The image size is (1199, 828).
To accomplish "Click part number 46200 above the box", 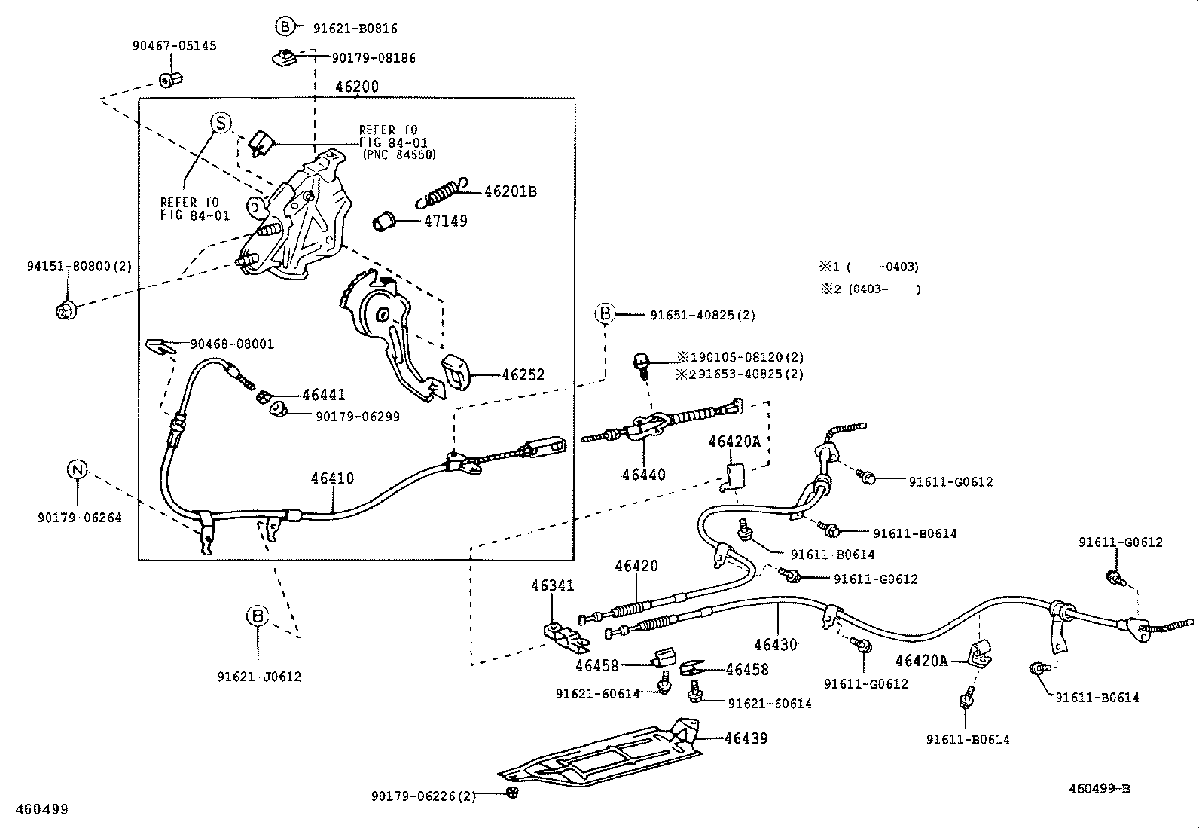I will coord(357,87).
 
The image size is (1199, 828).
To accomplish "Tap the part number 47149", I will coord(445,222).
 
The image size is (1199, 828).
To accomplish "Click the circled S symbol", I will coord(220,122).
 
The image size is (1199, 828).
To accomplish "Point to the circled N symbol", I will coord(78,470).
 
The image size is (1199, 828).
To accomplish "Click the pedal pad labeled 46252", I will coord(456,372).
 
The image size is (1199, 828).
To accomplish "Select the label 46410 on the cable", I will coord(332,479).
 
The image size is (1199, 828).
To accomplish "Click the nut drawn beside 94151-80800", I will coord(66,310).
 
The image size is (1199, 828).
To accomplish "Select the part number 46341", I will coord(552,585).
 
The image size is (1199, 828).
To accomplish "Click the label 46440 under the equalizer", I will coord(643,475).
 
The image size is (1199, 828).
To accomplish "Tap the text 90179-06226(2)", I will coord(423,796).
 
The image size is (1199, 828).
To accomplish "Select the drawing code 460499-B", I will coord(1099,789).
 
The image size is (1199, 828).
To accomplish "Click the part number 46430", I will coord(775,645).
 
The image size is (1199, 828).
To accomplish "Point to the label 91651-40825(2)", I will coord(702,315).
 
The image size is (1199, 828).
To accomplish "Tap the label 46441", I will coord(324,394).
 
